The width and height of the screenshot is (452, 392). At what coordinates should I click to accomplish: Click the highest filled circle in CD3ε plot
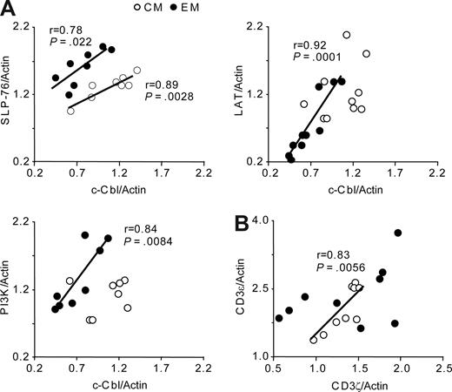point(398,233)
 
